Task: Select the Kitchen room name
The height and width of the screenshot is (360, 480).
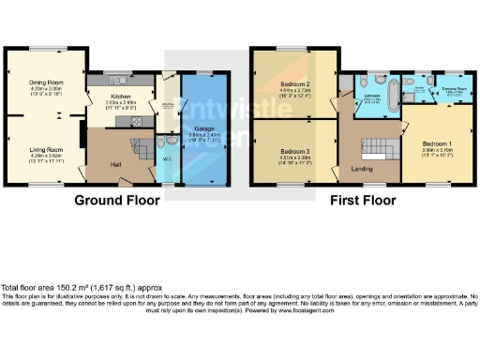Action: pyautogui.click(x=122, y=97)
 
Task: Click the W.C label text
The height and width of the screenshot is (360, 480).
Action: pyautogui.click(x=166, y=158)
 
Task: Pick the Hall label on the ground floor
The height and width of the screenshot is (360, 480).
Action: pyautogui.click(x=115, y=166)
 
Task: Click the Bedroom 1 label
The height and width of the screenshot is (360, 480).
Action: pyautogui.click(x=436, y=142)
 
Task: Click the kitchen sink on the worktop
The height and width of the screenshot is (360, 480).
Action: pyautogui.click(x=125, y=81)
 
